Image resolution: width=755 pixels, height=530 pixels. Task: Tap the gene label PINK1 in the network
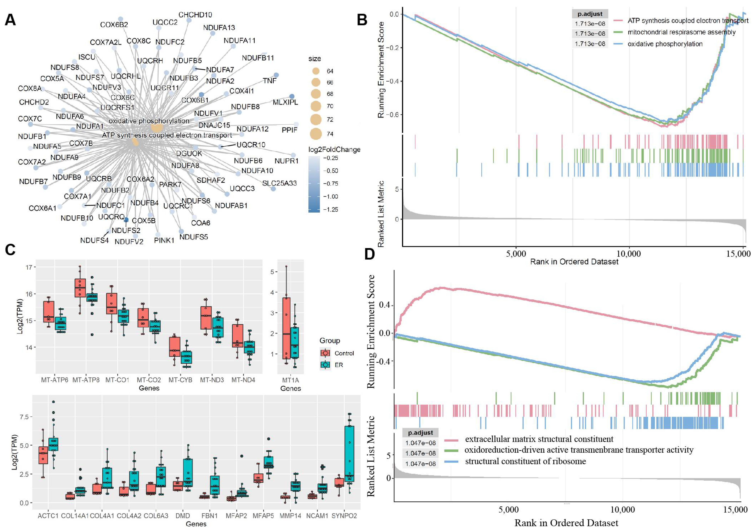tap(164, 241)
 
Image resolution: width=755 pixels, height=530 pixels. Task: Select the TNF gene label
tap(270, 81)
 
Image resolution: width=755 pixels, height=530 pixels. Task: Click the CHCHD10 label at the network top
tap(195, 15)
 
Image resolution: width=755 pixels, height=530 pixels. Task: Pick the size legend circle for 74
tap(316, 134)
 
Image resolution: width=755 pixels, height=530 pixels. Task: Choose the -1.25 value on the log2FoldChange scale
tap(330, 209)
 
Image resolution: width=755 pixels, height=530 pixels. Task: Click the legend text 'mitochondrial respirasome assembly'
tap(681, 32)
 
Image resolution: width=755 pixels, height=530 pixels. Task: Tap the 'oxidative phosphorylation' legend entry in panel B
tap(665, 44)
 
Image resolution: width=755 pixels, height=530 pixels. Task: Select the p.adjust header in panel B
tap(590, 14)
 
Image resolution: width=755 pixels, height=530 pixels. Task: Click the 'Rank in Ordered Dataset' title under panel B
tap(574, 262)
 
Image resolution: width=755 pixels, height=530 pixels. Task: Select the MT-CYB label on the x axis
tap(180, 380)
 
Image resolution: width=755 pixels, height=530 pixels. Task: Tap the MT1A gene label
tap(290, 380)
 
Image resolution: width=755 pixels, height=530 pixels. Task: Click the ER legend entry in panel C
tap(339, 365)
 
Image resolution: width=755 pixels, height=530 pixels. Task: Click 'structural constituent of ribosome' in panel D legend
tap(525, 461)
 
